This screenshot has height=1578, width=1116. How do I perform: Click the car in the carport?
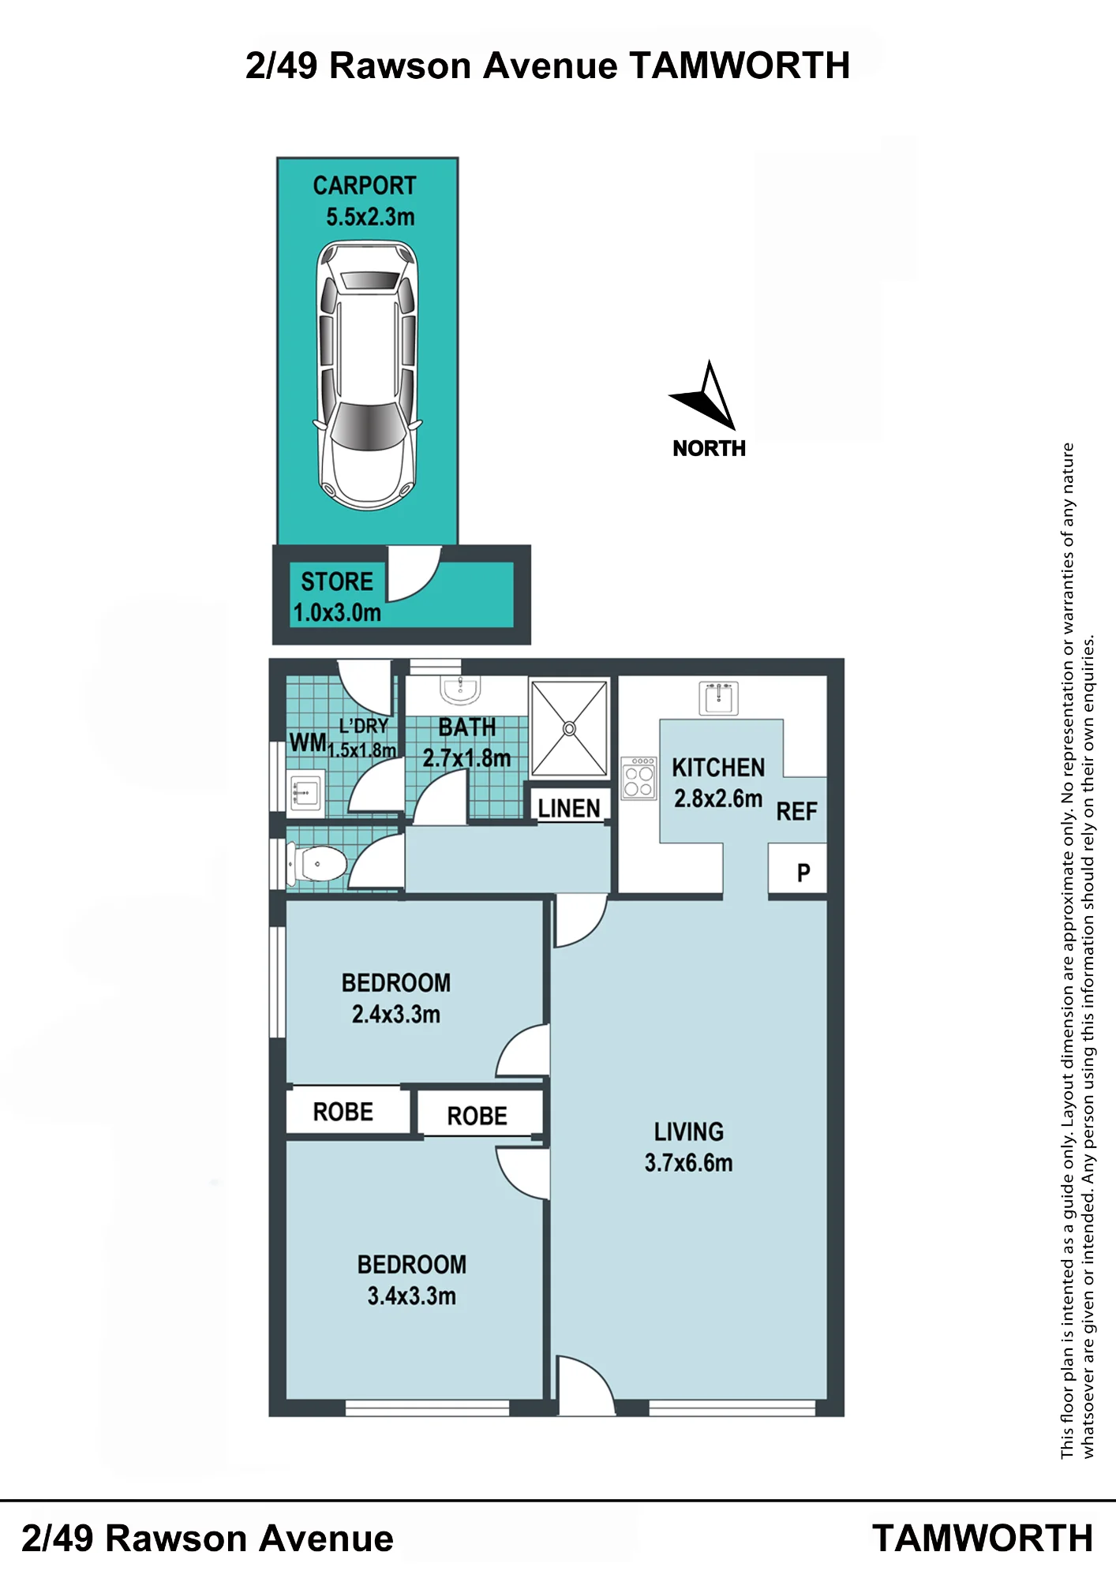tap(367, 376)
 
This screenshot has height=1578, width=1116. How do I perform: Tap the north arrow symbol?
tap(705, 396)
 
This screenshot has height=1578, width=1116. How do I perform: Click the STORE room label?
tap(337, 581)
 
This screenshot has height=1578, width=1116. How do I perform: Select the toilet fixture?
tap(317, 864)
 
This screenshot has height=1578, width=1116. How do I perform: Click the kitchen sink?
tap(718, 698)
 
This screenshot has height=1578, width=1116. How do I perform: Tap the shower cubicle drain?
tap(569, 728)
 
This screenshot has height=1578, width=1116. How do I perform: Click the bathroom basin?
tap(460, 690)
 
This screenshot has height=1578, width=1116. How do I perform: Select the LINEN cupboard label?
tap(569, 809)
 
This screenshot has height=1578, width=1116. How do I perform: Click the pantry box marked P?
tap(798, 869)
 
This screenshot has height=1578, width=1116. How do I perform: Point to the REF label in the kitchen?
tap(796, 812)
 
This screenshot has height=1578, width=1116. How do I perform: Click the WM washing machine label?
tap(308, 742)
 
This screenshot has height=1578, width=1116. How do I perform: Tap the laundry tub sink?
tap(305, 792)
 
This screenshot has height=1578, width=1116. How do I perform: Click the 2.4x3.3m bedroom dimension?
tap(396, 1014)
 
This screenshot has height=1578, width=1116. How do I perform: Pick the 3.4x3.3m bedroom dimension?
tap(411, 1296)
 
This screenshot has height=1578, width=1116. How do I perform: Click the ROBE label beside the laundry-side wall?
tap(343, 1112)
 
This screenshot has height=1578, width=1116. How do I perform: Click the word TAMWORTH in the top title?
tap(740, 65)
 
